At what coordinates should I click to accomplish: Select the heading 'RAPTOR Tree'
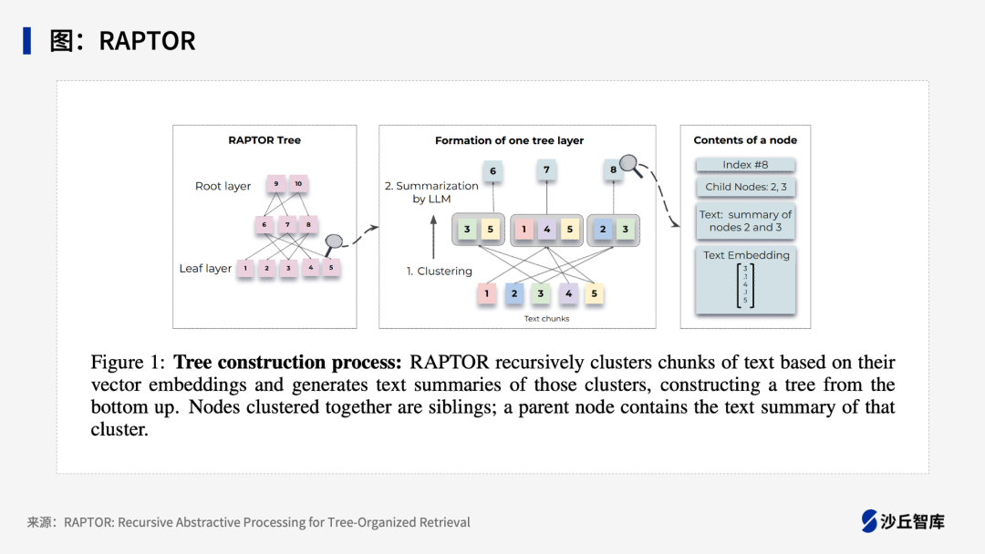pos(264,140)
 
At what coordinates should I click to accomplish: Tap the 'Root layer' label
pos(223,186)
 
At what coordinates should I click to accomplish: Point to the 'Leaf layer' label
pos(205,269)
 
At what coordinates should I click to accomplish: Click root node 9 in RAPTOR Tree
pos(276,184)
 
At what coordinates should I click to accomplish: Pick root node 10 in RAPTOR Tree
pos(297,184)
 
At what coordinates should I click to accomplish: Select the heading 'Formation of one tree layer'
pos(509,140)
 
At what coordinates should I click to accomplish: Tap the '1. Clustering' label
pos(439,271)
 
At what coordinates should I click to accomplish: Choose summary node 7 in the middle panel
pos(547,169)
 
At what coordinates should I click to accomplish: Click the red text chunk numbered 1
pos(487,293)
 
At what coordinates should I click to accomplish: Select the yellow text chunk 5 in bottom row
pos(594,293)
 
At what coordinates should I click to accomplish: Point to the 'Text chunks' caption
pos(547,319)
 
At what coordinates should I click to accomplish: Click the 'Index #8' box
pos(745,165)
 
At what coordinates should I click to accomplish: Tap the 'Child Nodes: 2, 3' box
pos(745,187)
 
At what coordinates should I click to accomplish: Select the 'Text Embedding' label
pos(746,255)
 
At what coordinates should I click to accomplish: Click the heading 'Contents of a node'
pos(745,140)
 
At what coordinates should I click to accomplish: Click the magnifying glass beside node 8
pos(630,165)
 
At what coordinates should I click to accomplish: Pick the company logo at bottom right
pos(903,521)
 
